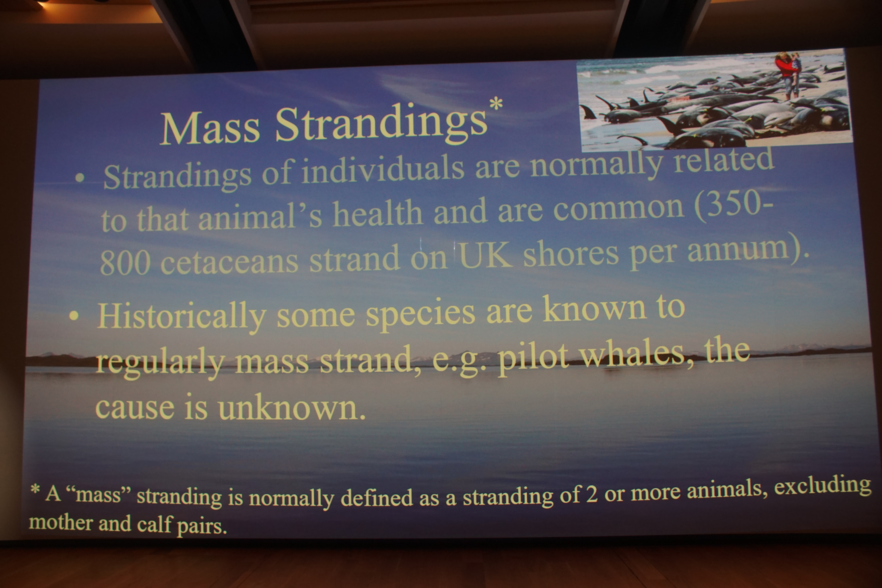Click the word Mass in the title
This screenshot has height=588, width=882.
[x=210, y=128]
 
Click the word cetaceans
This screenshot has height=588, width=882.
[x=229, y=261]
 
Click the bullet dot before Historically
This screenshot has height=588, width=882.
[x=74, y=316]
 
